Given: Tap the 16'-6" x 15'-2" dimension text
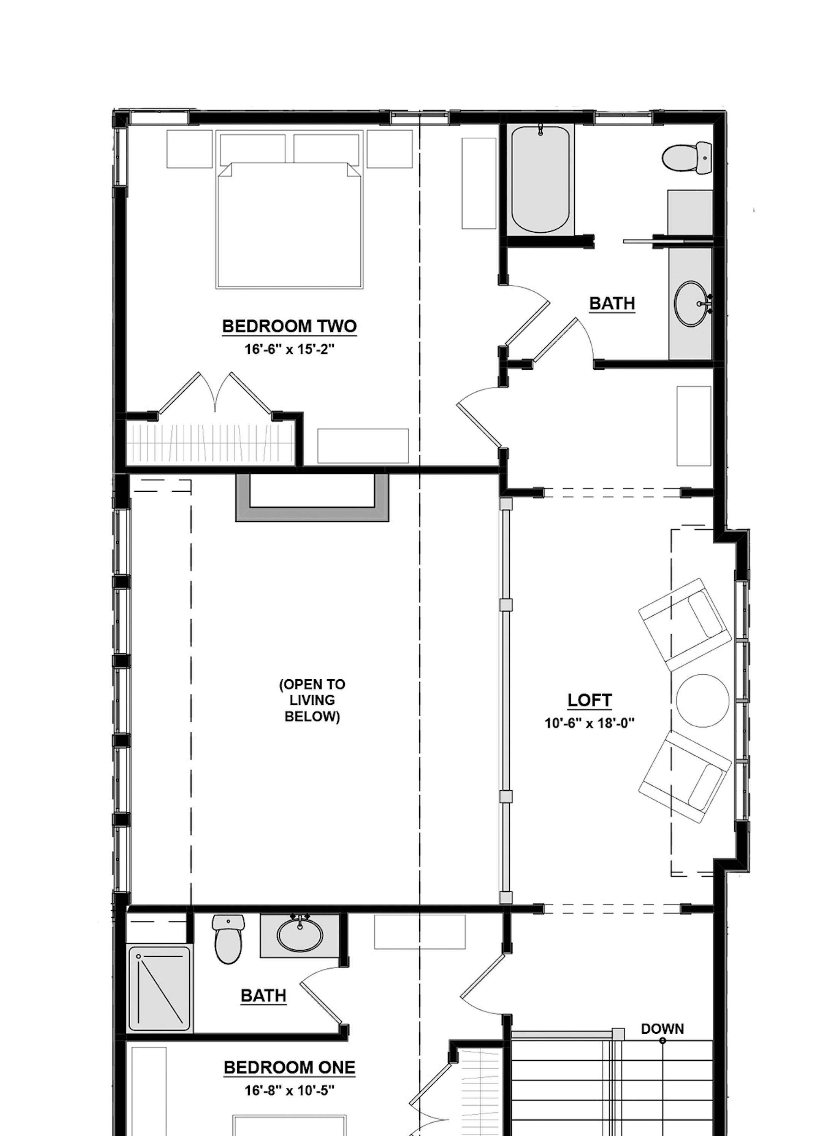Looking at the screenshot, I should [289, 349].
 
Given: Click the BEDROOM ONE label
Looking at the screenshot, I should [289, 1068].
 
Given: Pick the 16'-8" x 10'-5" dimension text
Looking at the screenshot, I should [289, 1090].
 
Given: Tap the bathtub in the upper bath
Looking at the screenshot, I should [540, 179].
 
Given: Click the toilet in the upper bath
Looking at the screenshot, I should [686, 158].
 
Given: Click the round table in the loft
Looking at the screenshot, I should [702, 700].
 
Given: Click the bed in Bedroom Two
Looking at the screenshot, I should [289, 226].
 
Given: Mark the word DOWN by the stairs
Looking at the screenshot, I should [662, 1029].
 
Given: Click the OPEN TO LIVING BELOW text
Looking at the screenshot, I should [312, 700].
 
